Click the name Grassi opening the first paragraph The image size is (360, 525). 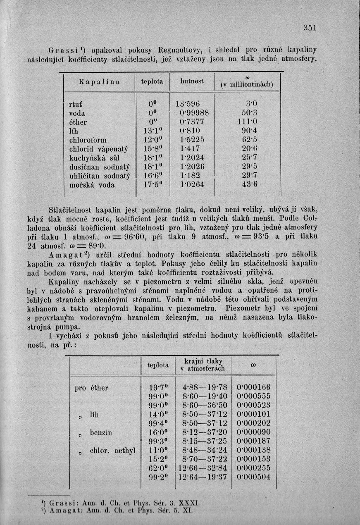coord(64,50)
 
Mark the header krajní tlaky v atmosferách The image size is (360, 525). coord(203,365)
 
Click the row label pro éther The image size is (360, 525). coord(91,388)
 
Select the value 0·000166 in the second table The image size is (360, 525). coord(253,388)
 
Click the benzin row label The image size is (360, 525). coord(101,432)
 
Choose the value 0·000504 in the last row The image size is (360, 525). coord(253,477)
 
